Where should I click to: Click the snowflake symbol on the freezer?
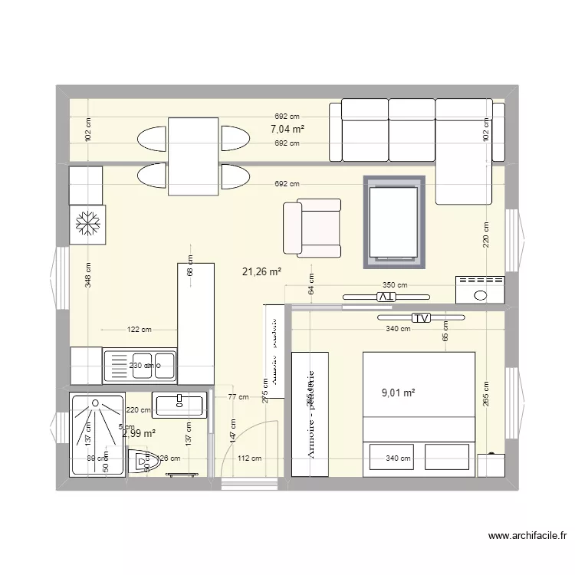pos(86,224)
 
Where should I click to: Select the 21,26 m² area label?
pos(261,271)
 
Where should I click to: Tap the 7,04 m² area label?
pos(287,130)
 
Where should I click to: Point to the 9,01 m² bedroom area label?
pos(398,393)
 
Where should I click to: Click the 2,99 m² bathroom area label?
pos(139,433)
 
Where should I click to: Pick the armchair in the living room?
pos(312,228)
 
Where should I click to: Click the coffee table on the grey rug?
pos(394,222)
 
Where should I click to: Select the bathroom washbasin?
pos(179,405)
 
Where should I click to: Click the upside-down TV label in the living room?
pos(388,296)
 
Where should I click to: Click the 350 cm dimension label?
pos(396,285)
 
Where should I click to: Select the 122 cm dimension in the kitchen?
pos(140,330)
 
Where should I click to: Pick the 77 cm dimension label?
pos(238,397)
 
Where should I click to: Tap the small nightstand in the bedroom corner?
pos(491,466)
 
